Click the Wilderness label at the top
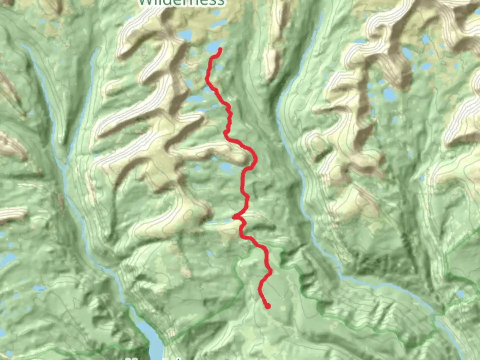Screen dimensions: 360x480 [x=182, y=3]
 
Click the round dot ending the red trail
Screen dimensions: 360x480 [x=267, y=306]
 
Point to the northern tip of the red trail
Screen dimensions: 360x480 [x=220, y=50]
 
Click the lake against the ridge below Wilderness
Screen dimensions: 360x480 [x=185, y=35]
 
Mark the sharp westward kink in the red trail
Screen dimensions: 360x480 [x=235, y=218]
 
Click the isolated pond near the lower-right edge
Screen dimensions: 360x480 [x=460, y=294]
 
